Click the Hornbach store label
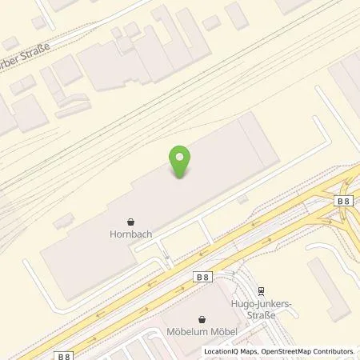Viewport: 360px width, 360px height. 131,235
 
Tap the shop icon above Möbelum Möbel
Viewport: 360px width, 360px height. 203,318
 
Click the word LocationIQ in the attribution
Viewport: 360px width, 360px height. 221,351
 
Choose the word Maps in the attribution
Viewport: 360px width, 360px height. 249,351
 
